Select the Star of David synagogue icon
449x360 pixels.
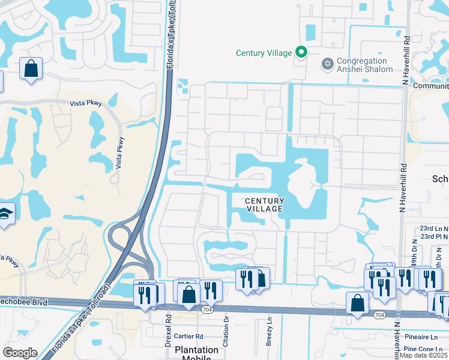[x=327, y=63]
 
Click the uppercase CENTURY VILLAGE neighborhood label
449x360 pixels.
[x=264, y=205]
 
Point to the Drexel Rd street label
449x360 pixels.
[x=169, y=324]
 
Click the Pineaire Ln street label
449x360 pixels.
[x=424, y=337]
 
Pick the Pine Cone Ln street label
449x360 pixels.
[x=426, y=349]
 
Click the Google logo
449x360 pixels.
[x=20, y=353]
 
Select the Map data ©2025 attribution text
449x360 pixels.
[x=423, y=355]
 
